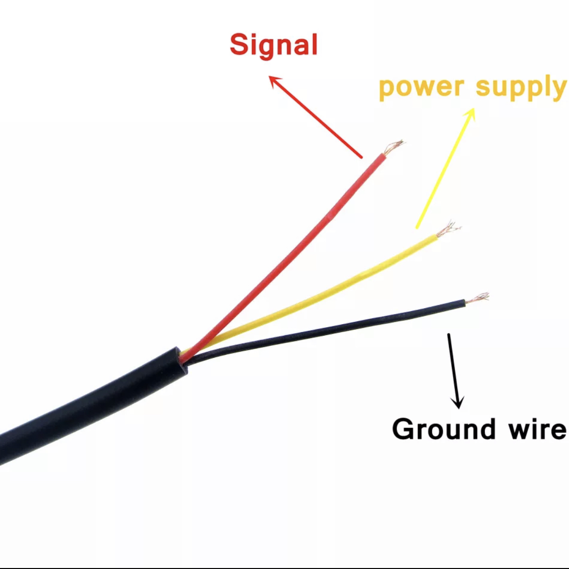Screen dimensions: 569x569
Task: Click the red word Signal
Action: (273, 45)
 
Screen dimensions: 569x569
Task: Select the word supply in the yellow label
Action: (521, 88)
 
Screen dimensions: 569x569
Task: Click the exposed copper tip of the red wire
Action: (393, 146)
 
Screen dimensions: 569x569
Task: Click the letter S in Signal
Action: (239, 44)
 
